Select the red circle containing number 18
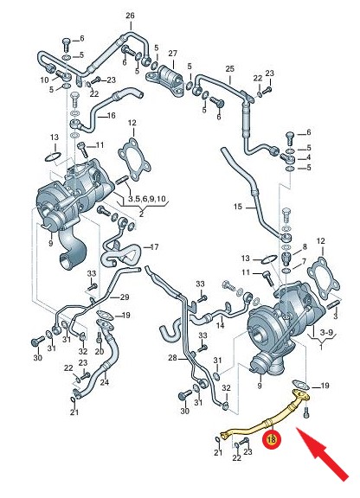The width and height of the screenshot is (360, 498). click(x=272, y=439)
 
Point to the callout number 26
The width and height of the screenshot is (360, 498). click(x=130, y=16)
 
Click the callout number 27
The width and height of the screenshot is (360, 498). click(x=173, y=53)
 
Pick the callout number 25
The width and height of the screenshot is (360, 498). click(x=229, y=68)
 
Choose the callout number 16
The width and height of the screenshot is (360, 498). click(x=111, y=115)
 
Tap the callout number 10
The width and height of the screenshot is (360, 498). click(x=44, y=80)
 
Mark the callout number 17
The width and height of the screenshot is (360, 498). click(x=154, y=246)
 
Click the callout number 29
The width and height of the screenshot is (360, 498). click(x=125, y=297)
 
